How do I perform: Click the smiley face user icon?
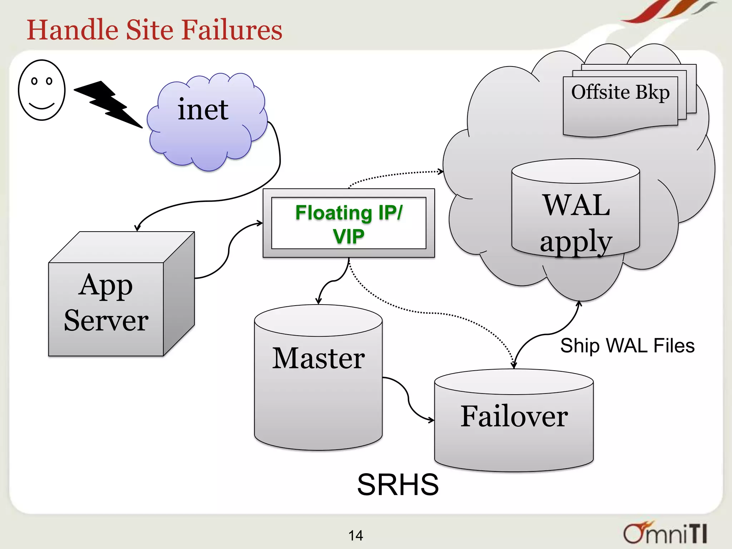click(x=42, y=90)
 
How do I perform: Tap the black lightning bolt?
click(x=107, y=104)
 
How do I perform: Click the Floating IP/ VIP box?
click(x=348, y=223)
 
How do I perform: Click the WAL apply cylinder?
click(x=575, y=214)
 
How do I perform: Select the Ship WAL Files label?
click(x=627, y=346)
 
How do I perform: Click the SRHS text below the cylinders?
click(x=397, y=485)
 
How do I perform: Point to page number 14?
click(x=356, y=535)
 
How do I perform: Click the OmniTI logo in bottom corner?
click(x=665, y=533)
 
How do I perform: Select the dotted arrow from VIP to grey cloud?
click(x=393, y=175)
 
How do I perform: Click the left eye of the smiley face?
click(x=34, y=81)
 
